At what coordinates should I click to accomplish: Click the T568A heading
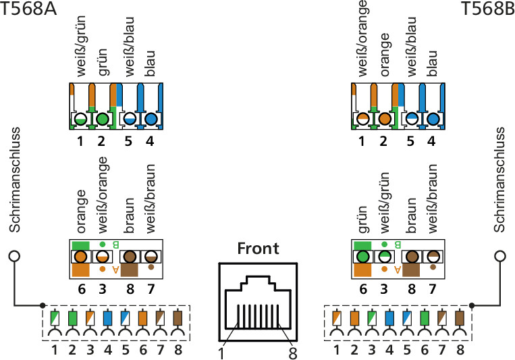pos(28,9)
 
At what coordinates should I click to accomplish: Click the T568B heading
pos(488,9)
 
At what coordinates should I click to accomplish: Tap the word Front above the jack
pos(258,249)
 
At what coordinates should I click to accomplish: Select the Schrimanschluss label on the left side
pos(15,180)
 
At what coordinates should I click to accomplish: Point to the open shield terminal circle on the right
pos(500,256)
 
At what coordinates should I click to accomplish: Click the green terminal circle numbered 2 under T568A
pos(103,119)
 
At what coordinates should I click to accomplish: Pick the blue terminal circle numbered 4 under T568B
pos(433,119)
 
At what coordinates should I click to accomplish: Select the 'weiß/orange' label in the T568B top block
pos(362,38)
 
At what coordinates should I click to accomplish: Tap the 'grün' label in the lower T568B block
pos(362,220)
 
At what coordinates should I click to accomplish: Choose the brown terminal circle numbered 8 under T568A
pos(130,257)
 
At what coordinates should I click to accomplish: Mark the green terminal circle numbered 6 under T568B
pos(363,257)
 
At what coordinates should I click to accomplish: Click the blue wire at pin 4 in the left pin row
pos(108,318)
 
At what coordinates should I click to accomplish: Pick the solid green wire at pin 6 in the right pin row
pos(425,318)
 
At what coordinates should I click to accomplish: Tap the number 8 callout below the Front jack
pos(293,353)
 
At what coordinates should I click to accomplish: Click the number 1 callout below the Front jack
pos(221,353)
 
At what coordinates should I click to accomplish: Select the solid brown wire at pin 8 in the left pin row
pos(178,318)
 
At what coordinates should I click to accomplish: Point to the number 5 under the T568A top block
pos(128,141)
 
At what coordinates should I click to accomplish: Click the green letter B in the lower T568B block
pos(397,245)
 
